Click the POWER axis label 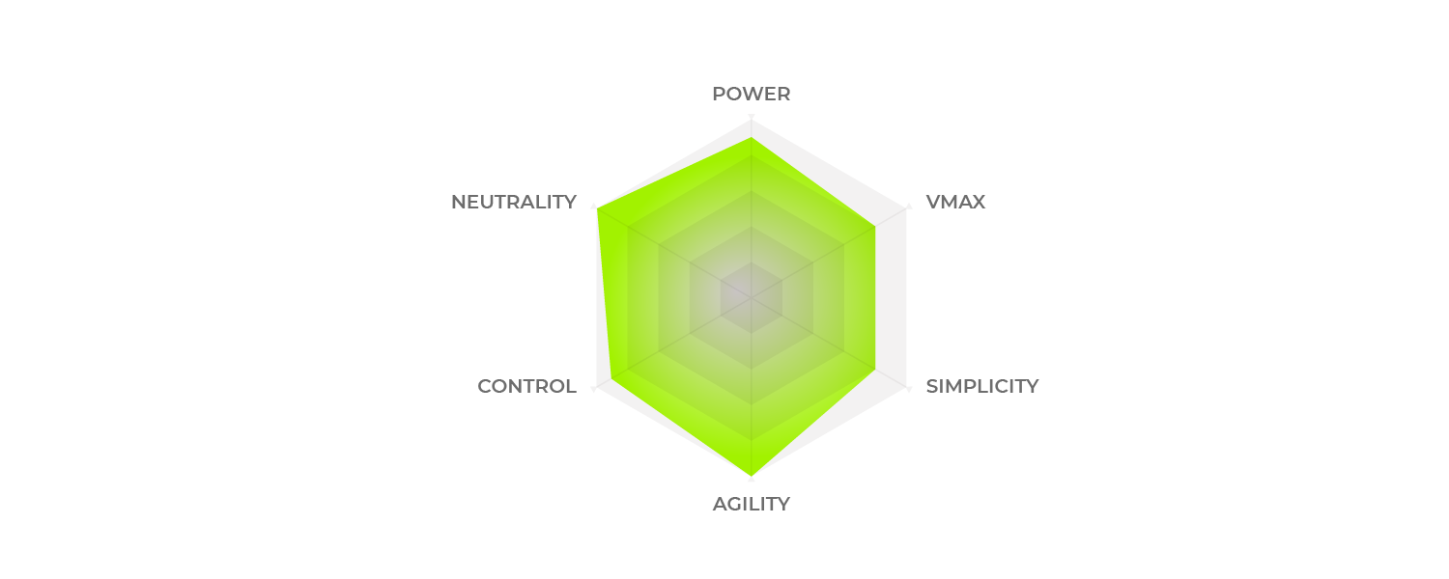tap(751, 95)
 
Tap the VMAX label tap(955, 203)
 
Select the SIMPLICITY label tap(982, 386)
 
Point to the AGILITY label tap(751, 504)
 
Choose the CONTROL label tap(526, 386)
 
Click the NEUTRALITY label tap(514, 203)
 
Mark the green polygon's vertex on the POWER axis tap(751, 138)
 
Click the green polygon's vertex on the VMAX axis tap(875, 226)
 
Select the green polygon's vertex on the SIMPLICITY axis tap(875, 370)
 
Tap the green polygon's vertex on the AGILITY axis tap(751, 477)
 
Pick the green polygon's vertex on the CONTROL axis tap(611, 378)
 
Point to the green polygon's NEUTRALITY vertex tap(596, 208)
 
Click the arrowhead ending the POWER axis tap(751, 117)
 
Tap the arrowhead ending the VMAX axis tap(909, 207)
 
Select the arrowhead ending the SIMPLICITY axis tap(909, 388)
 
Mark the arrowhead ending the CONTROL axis tap(593, 388)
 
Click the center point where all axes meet tap(751, 298)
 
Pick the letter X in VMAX tap(978, 203)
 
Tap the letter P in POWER tap(719, 95)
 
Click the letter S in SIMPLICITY tap(933, 386)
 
